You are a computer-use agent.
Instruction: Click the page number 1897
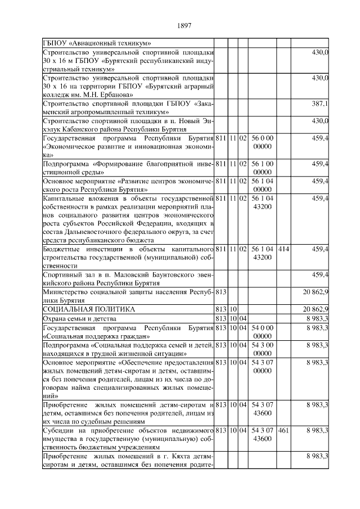[184, 25]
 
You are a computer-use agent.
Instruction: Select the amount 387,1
[320, 104]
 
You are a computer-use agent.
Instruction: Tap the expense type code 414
[283, 248]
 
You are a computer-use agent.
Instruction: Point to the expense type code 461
[283, 430]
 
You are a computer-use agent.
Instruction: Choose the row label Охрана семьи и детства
[76, 319]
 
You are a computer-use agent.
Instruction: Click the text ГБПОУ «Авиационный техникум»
[97, 43]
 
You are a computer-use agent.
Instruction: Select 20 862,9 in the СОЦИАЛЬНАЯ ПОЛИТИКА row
[316, 309]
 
